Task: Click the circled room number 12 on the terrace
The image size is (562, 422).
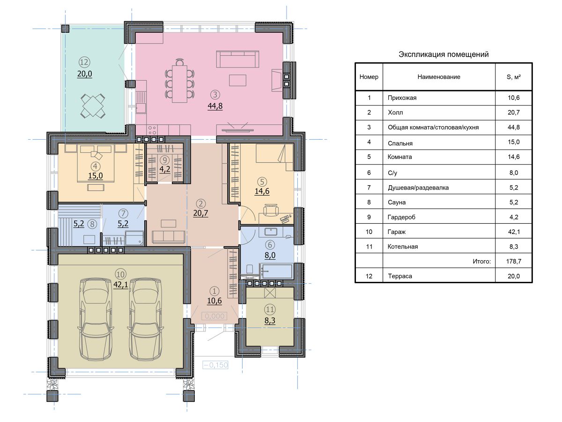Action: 84,62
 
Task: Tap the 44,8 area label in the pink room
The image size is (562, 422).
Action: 215,106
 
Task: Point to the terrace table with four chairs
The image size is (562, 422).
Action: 93,106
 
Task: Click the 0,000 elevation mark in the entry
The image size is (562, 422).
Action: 214,316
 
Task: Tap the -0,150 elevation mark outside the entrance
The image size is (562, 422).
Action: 215,365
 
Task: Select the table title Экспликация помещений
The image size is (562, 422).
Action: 444,54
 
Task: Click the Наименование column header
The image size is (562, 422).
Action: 439,77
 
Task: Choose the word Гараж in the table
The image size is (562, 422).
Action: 397,232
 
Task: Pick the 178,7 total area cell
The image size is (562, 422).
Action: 514,261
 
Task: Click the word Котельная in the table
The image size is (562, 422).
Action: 403,247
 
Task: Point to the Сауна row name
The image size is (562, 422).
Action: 397,203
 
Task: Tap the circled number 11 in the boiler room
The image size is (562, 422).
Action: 270,309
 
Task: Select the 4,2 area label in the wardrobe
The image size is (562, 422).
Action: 165,169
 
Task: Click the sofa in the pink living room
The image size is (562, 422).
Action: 237,59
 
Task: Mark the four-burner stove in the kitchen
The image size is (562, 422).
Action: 152,130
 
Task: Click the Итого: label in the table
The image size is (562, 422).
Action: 481,262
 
